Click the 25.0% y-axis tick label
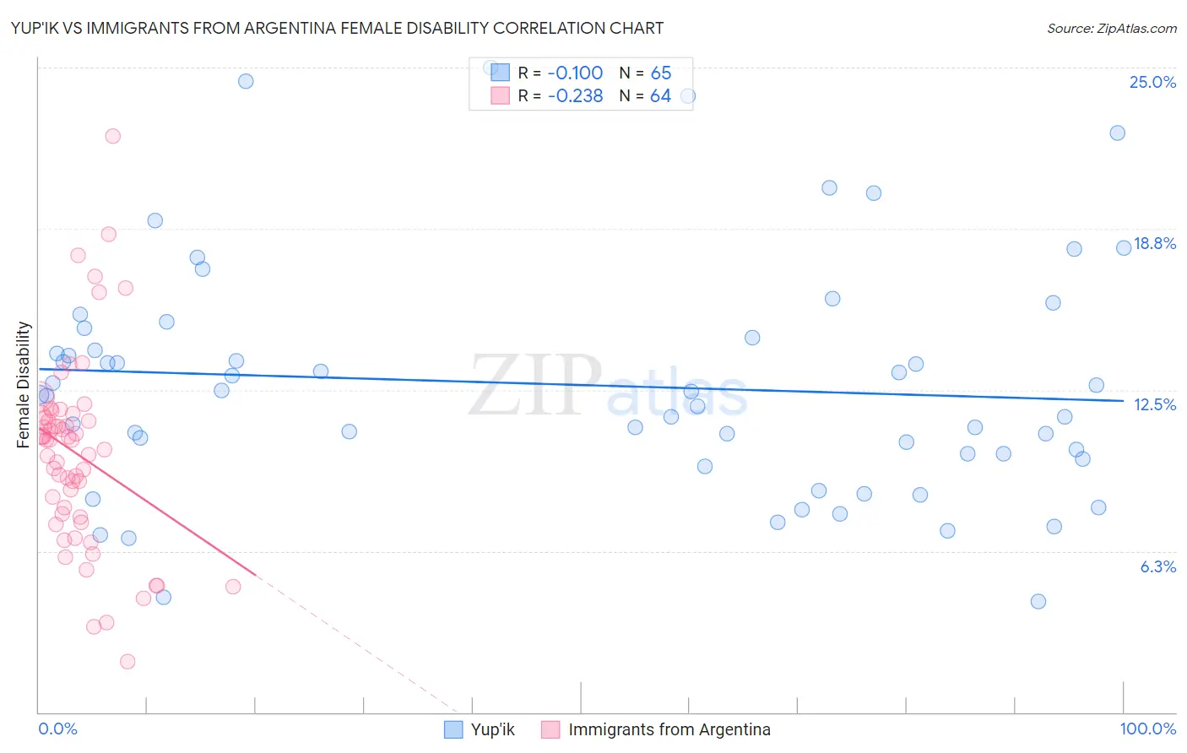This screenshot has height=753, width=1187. (1152, 82)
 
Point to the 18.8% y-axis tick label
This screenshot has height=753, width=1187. (1154, 243)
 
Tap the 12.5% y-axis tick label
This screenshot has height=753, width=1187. (1154, 404)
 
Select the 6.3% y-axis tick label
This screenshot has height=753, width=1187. (1157, 566)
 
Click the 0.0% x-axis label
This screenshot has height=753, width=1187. (57, 729)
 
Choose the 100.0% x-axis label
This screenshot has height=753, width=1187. (1147, 729)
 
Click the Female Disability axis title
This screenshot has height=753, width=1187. (24, 384)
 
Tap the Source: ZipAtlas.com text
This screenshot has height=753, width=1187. (1111, 29)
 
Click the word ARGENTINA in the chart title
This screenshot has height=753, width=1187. (325, 28)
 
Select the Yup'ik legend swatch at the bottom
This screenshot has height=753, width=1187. (453, 729)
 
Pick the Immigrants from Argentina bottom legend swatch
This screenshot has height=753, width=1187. (550, 729)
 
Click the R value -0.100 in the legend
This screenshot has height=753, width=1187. (575, 73)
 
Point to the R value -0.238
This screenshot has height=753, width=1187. (575, 95)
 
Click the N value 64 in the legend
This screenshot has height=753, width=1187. (660, 95)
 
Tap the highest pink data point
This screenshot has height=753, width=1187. (112, 136)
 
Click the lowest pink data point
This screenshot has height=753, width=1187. (127, 661)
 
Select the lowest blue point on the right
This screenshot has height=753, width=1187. (1038, 601)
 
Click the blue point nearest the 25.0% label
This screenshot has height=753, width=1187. (1117, 133)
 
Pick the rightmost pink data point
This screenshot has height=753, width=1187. (233, 586)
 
